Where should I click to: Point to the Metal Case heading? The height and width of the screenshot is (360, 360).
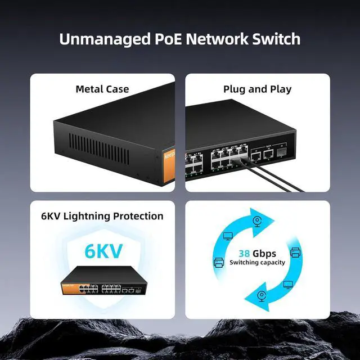(x=102, y=89)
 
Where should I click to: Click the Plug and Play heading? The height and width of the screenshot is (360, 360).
(x=257, y=89)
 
